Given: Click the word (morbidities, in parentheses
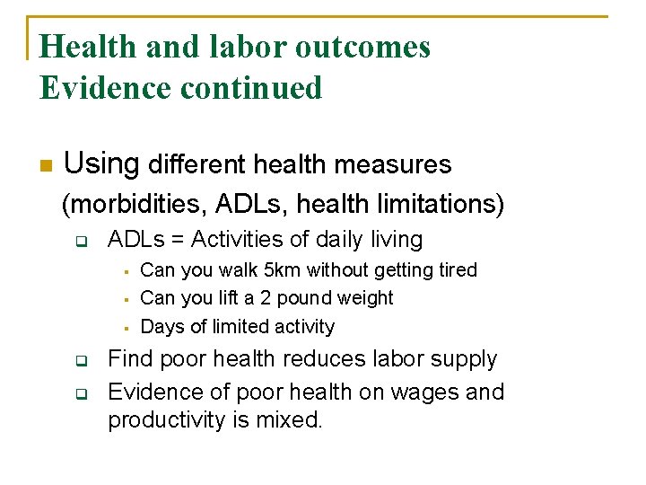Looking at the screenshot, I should [134, 205].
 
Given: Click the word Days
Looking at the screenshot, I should [161, 327].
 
